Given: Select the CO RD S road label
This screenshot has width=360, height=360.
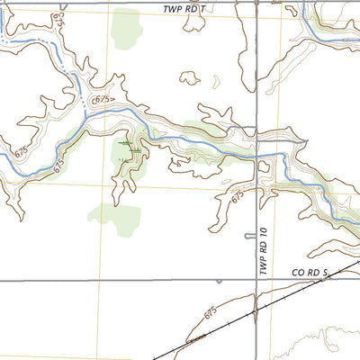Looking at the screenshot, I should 311,271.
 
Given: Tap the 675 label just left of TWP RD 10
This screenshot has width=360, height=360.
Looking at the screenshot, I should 238,194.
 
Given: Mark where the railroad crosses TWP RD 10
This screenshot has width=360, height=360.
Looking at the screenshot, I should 256,311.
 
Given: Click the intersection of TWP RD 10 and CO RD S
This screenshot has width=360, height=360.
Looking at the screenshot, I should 256,280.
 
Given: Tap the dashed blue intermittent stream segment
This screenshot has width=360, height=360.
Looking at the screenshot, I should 79,90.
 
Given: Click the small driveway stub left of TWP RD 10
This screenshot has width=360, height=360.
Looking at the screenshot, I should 249,236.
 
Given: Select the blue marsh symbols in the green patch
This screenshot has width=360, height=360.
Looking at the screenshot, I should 127,144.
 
